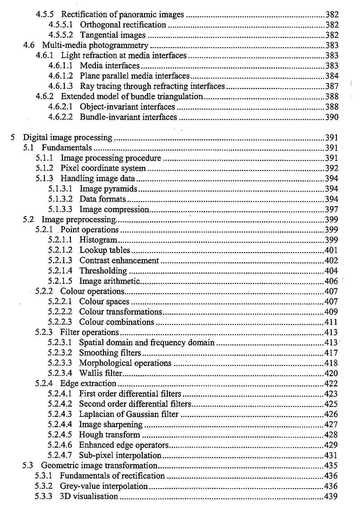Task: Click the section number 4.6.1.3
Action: [60, 86]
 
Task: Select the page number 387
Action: [332, 86]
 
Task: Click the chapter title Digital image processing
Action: [67, 138]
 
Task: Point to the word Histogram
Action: [98, 240]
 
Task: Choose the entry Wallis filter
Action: [101, 373]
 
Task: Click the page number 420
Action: [331, 373]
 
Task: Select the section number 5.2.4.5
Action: [60, 435]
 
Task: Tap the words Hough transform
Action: [109, 435]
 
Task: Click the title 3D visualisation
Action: [89, 496]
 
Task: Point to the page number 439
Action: [331, 496]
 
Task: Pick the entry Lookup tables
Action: [105, 250]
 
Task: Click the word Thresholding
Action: [103, 271]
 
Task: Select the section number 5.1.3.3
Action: [60, 209]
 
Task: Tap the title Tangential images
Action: [113, 35]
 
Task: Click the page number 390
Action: [332, 117]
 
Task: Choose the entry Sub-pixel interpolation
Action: [120, 455]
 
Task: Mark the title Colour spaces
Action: [104, 301]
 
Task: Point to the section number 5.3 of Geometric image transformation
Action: [28, 466]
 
